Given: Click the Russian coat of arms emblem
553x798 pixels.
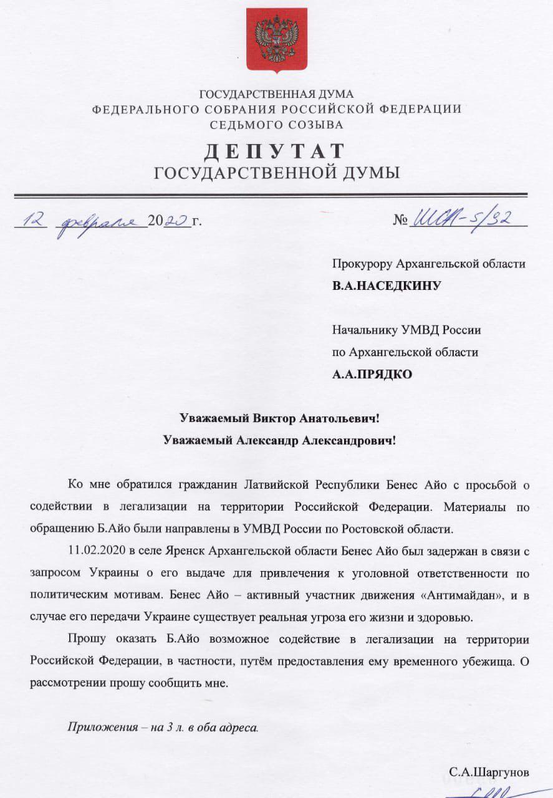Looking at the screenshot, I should (276, 39).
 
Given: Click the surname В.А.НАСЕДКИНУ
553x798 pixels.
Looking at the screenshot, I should (387, 286).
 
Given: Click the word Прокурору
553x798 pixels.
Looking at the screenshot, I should (361, 264).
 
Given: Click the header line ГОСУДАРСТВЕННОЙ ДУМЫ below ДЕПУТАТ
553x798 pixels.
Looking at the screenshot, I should (276, 173).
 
